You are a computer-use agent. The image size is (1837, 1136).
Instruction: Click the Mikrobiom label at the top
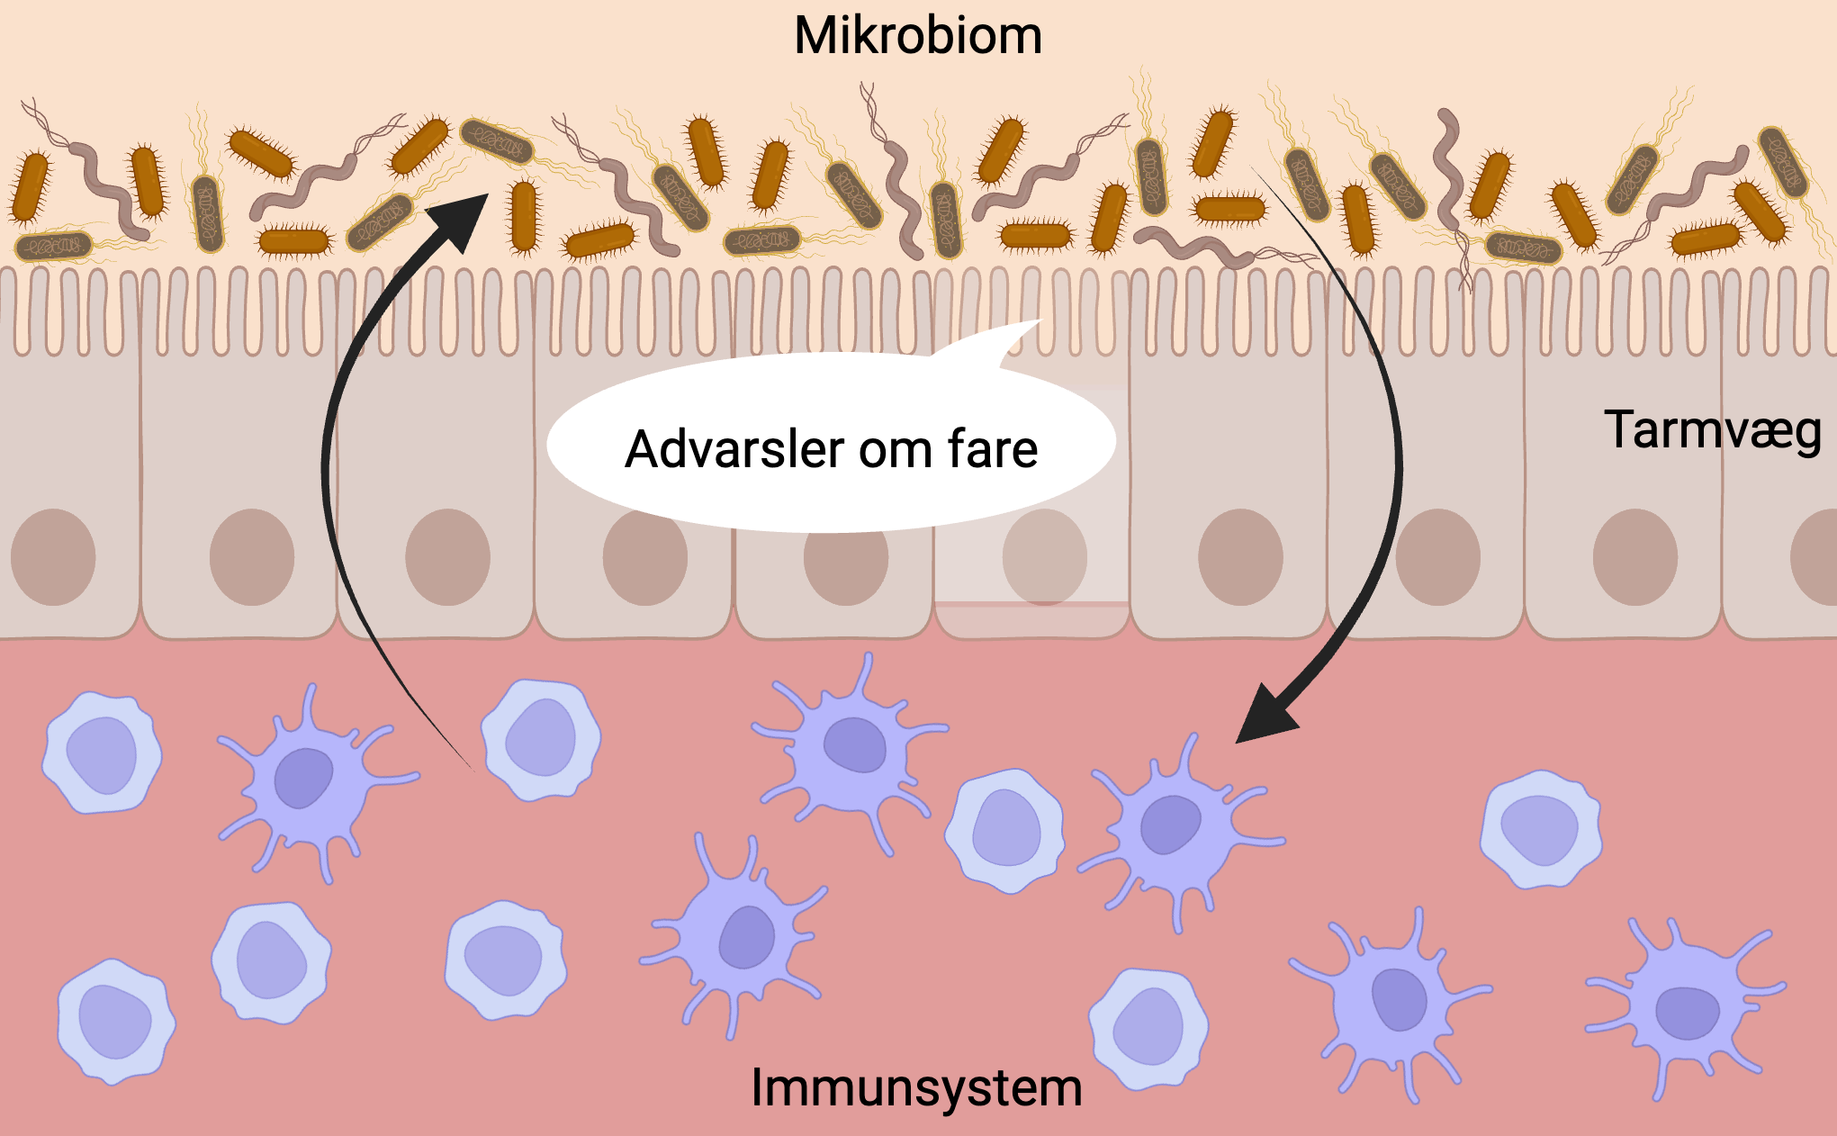coord(917,36)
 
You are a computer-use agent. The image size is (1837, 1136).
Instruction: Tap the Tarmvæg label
coord(1712,430)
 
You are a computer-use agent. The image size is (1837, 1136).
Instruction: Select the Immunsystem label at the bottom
coord(916,1087)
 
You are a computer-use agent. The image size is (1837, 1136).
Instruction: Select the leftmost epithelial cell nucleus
coord(53,557)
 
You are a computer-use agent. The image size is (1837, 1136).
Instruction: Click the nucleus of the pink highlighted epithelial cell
coord(1044,557)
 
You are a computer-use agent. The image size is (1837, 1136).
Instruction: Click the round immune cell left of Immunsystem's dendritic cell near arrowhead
coord(1005,829)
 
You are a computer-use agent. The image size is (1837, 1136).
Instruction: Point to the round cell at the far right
coord(1541,828)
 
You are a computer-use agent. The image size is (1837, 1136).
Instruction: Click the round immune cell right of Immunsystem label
coord(1148,1028)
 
